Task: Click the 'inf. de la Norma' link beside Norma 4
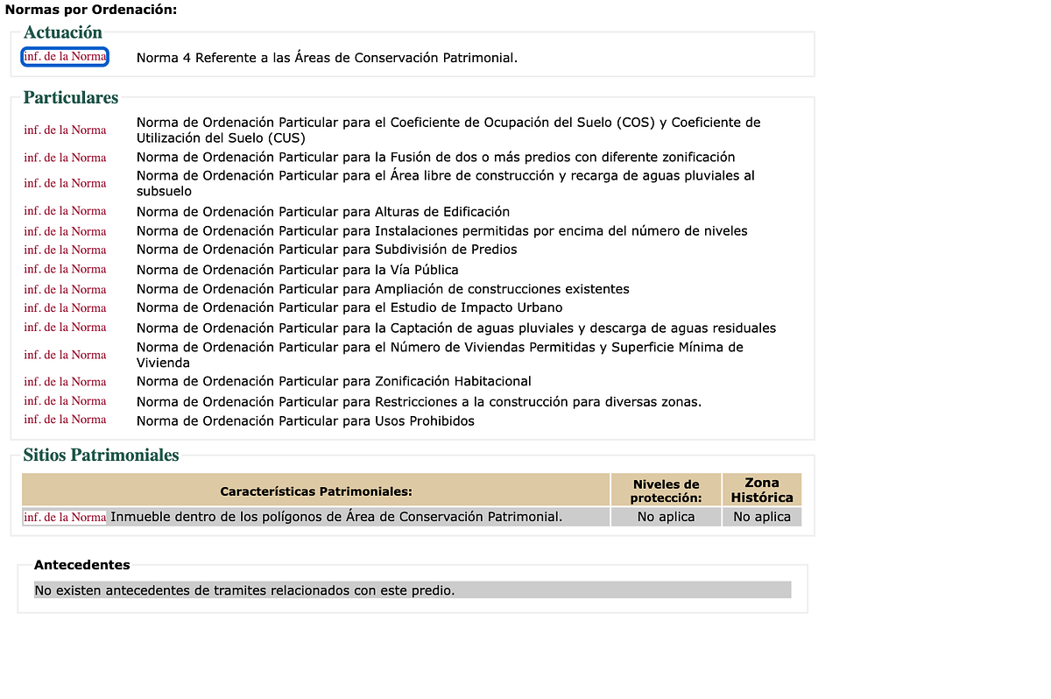(x=65, y=57)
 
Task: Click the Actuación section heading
(x=63, y=32)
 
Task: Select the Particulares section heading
(x=71, y=97)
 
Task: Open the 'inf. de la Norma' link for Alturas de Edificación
(x=65, y=211)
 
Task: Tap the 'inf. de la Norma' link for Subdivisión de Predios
(x=65, y=250)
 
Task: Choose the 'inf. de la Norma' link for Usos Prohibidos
(x=65, y=420)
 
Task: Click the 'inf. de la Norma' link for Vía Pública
(x=65, y=269)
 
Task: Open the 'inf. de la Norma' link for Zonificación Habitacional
(x=65, y=382)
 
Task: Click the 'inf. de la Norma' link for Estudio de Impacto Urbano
(x=65, y=307)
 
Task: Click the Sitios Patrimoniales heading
(x=101, y=455)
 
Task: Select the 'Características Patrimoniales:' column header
(x=316, y=491)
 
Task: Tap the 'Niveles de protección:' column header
(x=666, y=491)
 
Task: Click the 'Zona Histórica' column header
(x=762, y=490)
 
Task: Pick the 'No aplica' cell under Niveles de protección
(x=666, y=517)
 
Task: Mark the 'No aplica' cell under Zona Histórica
(x=762, y=517)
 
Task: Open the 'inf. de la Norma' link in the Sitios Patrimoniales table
(x=65, y=518)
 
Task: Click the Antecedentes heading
(x=81, y=565)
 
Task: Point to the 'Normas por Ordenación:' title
(x=91, y=10)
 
